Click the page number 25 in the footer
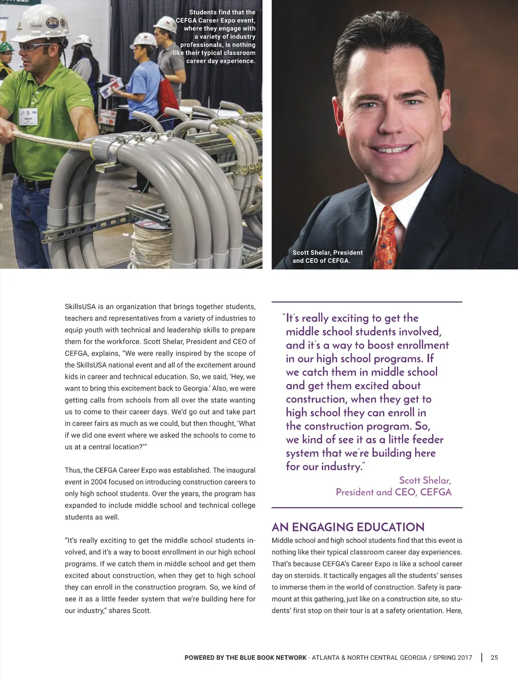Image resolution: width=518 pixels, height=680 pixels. pyautogui.click(x=494, y=658)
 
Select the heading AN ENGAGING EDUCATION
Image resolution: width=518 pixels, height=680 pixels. pyautogui.click(x=348, y=527)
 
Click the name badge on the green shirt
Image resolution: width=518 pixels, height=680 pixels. pyautogui.click(x=28, y=117)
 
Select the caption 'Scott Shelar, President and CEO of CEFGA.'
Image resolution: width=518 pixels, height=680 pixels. pyautogui.click(x=327, y=257)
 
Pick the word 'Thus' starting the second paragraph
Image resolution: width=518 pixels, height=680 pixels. pyautogui.click(x=73, y=470)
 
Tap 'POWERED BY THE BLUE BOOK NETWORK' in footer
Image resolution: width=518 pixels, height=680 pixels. pyautogui.click(x=245, y=658)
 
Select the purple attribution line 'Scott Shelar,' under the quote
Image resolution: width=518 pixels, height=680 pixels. pyautogui.click(x=424, y=480)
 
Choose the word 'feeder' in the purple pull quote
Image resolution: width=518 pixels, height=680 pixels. pyautogui.click(x=427, y=439)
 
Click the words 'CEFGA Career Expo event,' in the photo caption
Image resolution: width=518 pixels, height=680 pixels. pyautogui.click(x=215, y=20)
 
